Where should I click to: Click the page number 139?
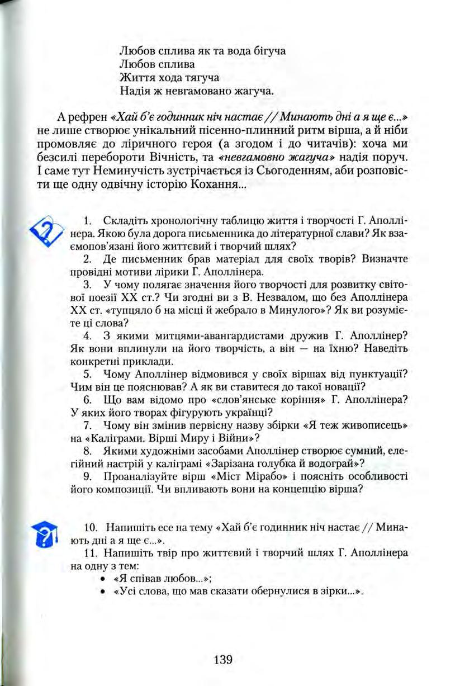222,659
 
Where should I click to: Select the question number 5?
87,373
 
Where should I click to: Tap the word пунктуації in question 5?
380,373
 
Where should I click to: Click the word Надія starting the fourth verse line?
134,89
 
